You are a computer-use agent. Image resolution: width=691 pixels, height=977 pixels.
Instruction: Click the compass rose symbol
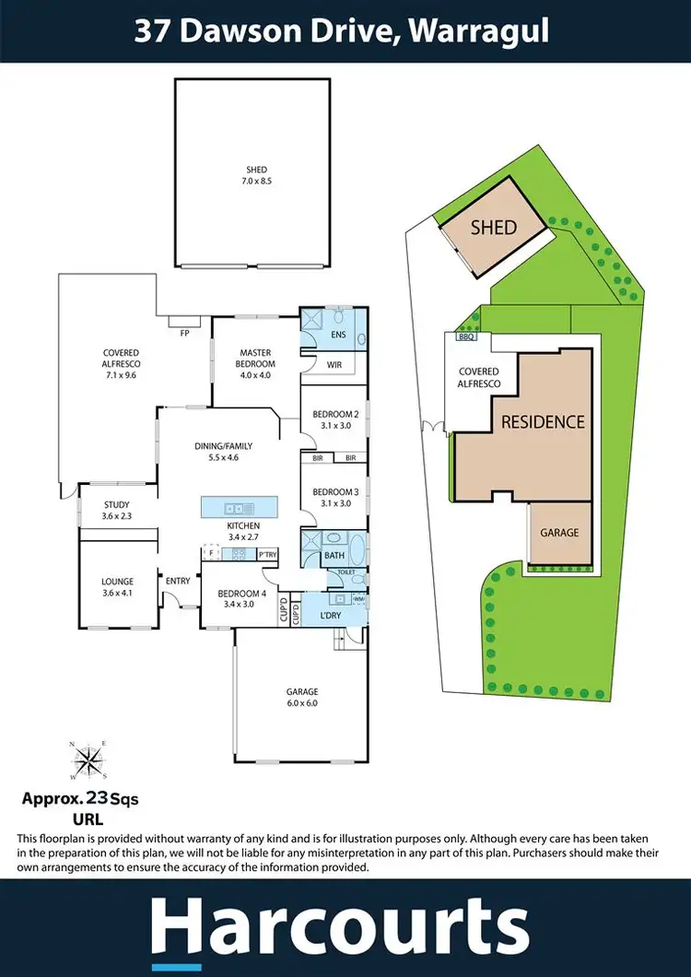click(90, 760)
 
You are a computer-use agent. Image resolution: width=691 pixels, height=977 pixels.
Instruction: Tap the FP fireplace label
click(182, 331)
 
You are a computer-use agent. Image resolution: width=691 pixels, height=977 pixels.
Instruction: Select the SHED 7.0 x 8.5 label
click(256, 175)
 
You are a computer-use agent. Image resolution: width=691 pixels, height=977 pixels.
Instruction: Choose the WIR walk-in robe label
click(334, 365)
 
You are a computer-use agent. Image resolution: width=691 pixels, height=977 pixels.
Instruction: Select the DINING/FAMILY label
click(224, 452)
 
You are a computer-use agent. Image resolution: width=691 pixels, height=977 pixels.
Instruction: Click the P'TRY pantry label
click(268, 554)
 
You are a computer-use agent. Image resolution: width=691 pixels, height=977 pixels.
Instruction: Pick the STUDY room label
click(116, 510)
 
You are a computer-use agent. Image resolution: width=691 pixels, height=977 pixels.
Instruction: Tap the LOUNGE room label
click(117, 586)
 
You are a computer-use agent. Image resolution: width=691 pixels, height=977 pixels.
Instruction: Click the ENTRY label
click(178, 581)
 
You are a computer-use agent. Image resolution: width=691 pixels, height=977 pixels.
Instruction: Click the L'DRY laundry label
click(330, 615)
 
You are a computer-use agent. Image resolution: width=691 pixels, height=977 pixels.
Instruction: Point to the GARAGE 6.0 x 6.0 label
click(301, 697)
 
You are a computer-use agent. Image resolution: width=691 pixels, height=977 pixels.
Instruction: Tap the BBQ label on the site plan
click(465, 337)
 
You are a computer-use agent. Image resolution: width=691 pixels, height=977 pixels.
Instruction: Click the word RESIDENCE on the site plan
click(543, 422)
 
